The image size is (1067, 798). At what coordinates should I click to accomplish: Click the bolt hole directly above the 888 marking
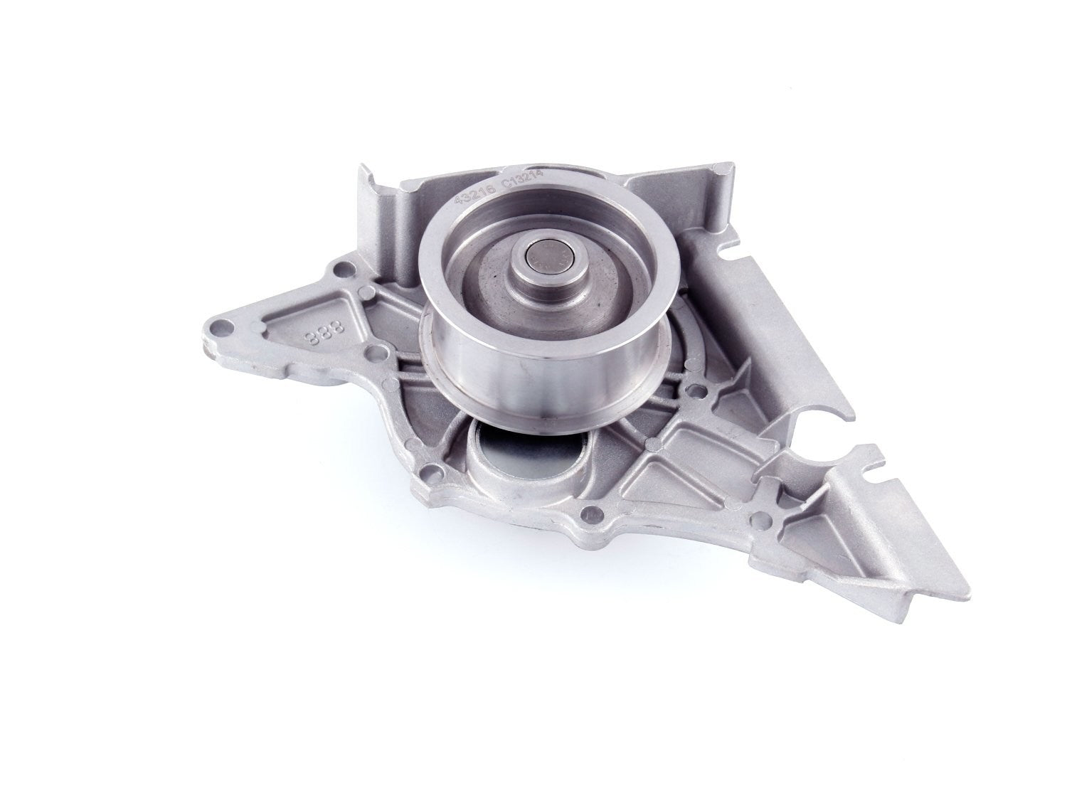344,269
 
